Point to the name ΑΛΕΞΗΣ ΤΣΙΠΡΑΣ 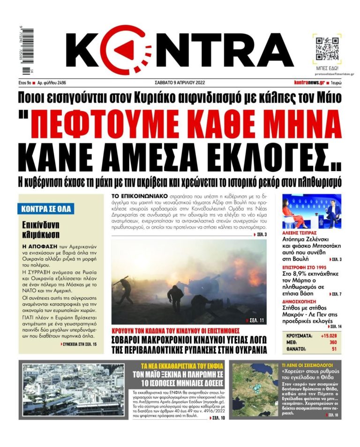299,233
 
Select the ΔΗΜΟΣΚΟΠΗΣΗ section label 300,303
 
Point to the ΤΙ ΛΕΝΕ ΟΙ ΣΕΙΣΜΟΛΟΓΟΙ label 307,364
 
